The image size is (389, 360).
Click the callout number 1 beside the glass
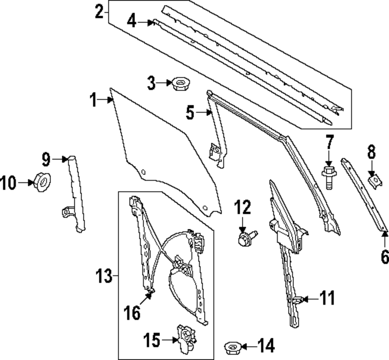tap(93, 100)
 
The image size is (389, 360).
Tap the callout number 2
tap(100, 12)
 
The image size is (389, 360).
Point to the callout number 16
tap(133, 312)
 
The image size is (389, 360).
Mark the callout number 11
tap(327, 299)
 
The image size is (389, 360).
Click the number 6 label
tap(384, 256)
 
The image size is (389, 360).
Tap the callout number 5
tap(190, 113)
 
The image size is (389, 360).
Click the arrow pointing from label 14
tap(248, 346)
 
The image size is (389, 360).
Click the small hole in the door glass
tap(143, 172)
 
